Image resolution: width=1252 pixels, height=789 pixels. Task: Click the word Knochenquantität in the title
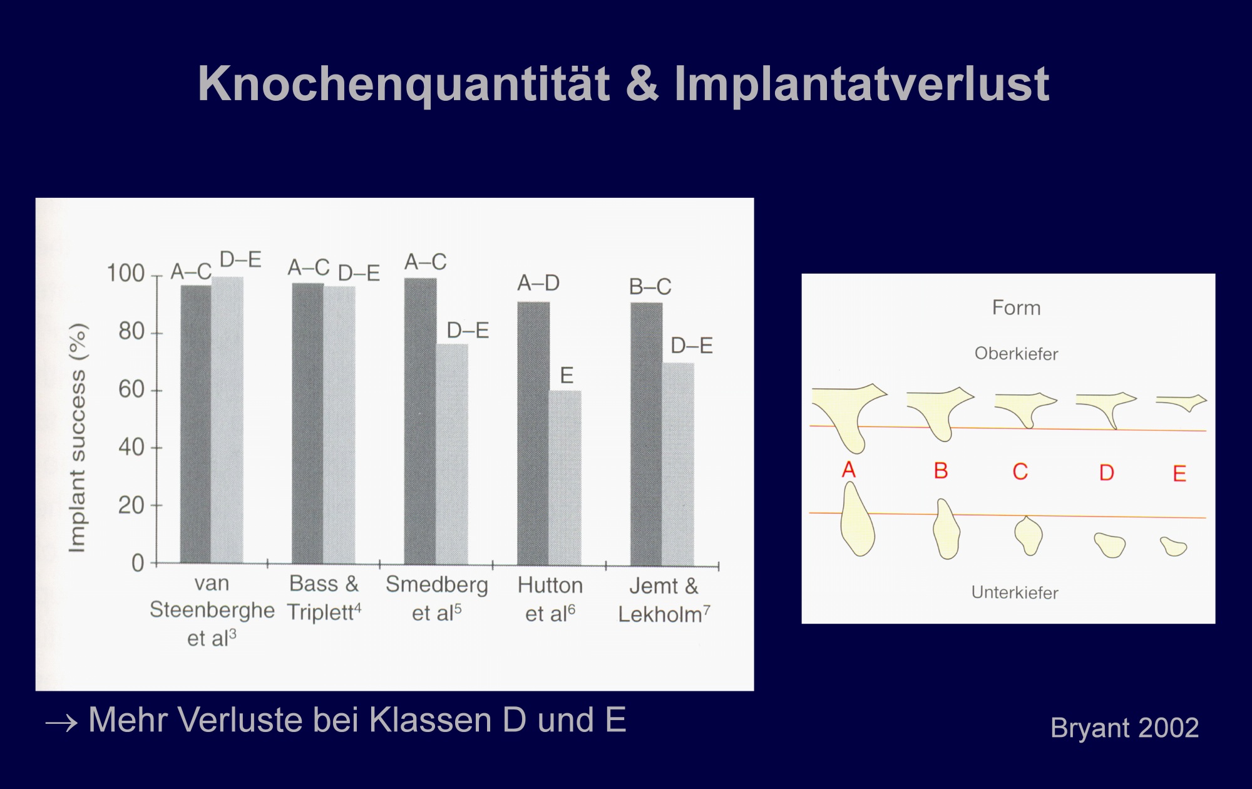(404, 85)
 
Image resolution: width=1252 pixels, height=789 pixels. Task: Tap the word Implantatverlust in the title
(861, 85)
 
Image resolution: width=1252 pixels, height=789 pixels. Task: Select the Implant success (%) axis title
(77, 438)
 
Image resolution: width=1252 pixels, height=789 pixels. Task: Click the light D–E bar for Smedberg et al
(452, 454)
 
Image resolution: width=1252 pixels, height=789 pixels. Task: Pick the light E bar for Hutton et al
(565, 477)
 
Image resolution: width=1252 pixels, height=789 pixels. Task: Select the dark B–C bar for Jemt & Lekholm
(647, 434)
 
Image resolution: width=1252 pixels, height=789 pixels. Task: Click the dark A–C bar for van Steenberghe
(196, 425)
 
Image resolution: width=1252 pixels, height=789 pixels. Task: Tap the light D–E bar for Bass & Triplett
(339, 425)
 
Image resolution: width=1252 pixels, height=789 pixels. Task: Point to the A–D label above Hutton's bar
(538, 283)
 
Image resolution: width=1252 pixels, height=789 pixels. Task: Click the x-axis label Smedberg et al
(437, 599)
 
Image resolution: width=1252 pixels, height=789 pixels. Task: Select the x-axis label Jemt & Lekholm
(664, 600)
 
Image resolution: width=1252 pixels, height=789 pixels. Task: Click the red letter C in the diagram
(1020, 472)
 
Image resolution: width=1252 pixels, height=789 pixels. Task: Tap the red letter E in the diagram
(1179, 473)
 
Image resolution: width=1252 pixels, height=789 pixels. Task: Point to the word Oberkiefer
(1016, 354)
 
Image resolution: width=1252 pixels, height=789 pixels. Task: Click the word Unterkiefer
(1015, 592)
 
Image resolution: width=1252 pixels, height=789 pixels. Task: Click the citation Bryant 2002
(1125, 728)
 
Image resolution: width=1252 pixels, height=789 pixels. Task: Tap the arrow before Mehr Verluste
(61, 724)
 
